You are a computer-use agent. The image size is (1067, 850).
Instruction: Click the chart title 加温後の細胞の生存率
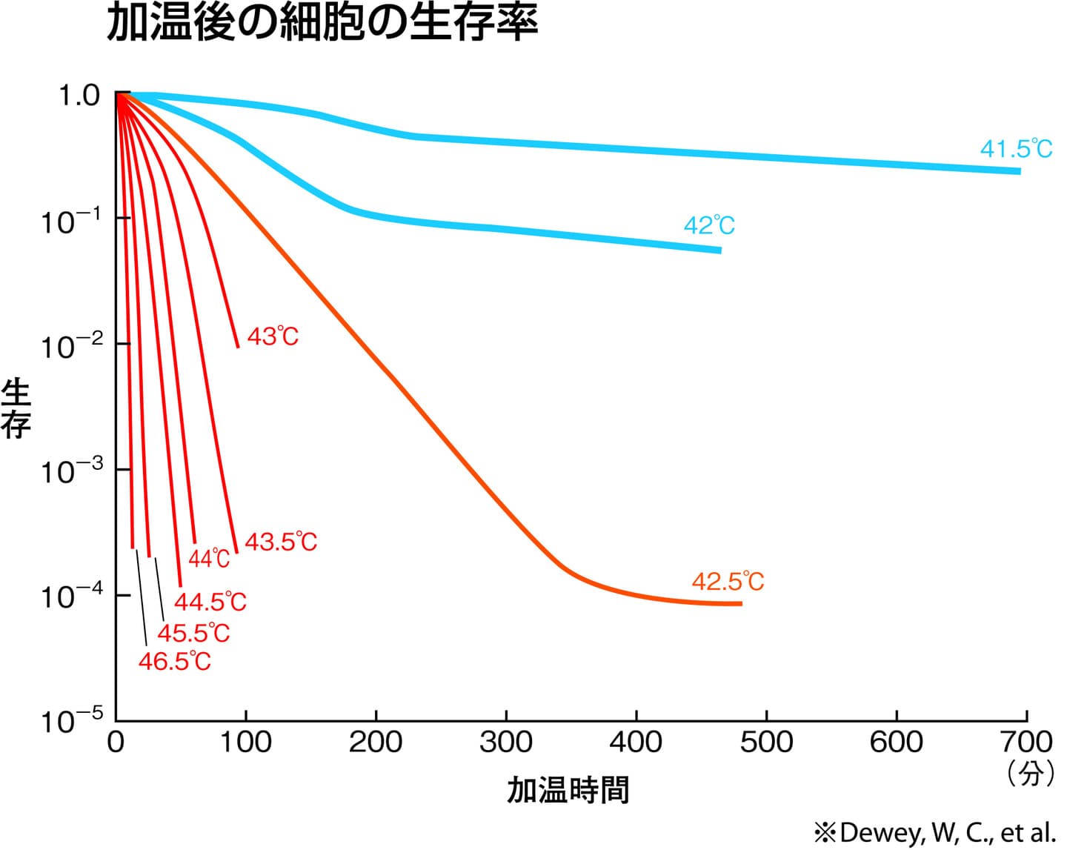coord(322,22)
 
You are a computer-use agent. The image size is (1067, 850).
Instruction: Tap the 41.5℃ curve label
coord(1016,149)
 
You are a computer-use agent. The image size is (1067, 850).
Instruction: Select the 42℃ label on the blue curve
coord(709,225)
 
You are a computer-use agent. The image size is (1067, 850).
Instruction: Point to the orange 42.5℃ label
coord(728,582)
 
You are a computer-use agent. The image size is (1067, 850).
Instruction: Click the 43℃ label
coord(273,337)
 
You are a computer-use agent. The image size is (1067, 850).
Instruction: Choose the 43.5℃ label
coord(281,542)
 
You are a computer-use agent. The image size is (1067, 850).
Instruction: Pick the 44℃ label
coord(210,558)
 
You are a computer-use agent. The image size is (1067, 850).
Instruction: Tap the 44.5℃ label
coord(210,601)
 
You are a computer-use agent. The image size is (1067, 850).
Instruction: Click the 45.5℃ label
coord(194,633)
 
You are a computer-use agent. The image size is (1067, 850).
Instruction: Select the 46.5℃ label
coord(175,661)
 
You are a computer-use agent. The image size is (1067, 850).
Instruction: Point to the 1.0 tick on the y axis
coord(79,96)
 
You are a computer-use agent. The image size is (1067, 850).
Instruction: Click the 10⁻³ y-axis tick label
coord(71,470)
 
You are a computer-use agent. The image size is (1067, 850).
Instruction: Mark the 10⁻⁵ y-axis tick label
coord(71,720)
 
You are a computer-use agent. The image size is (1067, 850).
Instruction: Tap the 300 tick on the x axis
coord(506,742)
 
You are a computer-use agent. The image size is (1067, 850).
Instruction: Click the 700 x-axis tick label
coord(1026,742)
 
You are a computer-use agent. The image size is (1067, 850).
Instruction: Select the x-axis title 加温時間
coord(568,790)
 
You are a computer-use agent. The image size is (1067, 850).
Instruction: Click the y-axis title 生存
coord(16,408)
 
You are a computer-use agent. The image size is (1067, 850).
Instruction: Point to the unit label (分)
coord(1031,774)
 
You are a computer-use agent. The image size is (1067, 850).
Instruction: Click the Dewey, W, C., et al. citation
coord(935,832)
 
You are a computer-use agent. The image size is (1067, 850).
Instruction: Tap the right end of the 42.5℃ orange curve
coord(739,603)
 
